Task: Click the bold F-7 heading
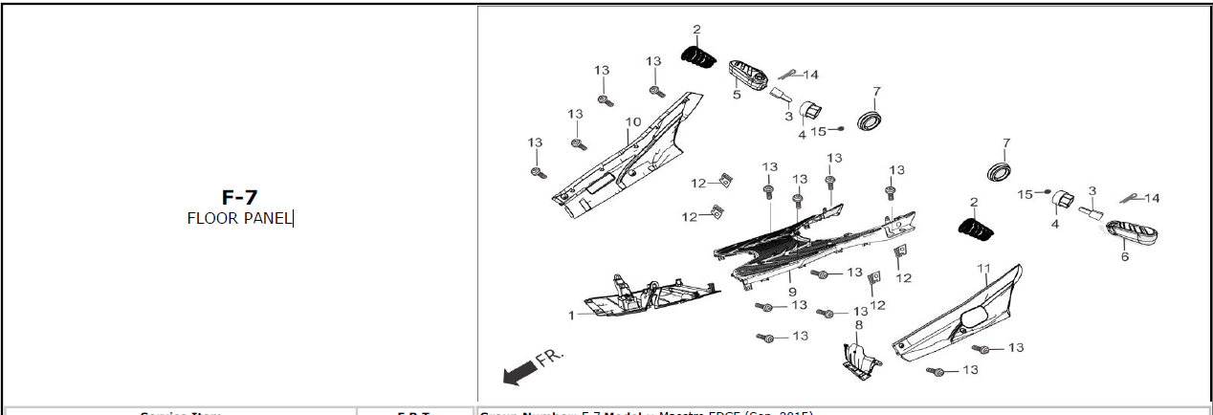click(x=239, y=198)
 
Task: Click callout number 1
click(x=572, y=315)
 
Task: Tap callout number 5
click(x=738, y=95)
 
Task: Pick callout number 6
click(x=1125, y=256)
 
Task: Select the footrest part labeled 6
click(x=1130, y=232)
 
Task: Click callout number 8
click(x=858, y=325)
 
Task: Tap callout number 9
click(x=792, y=291)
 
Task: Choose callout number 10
click(x=632, y=121)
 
